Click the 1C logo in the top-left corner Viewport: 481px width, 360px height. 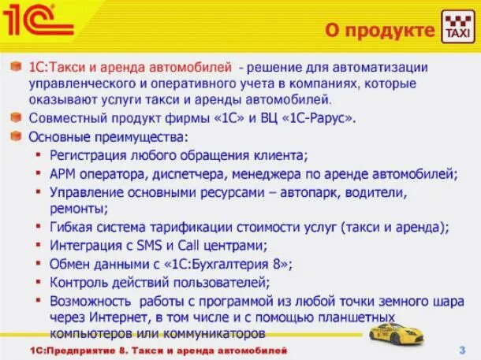pos(37,20)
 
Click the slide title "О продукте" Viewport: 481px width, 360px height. pos(381,30)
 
